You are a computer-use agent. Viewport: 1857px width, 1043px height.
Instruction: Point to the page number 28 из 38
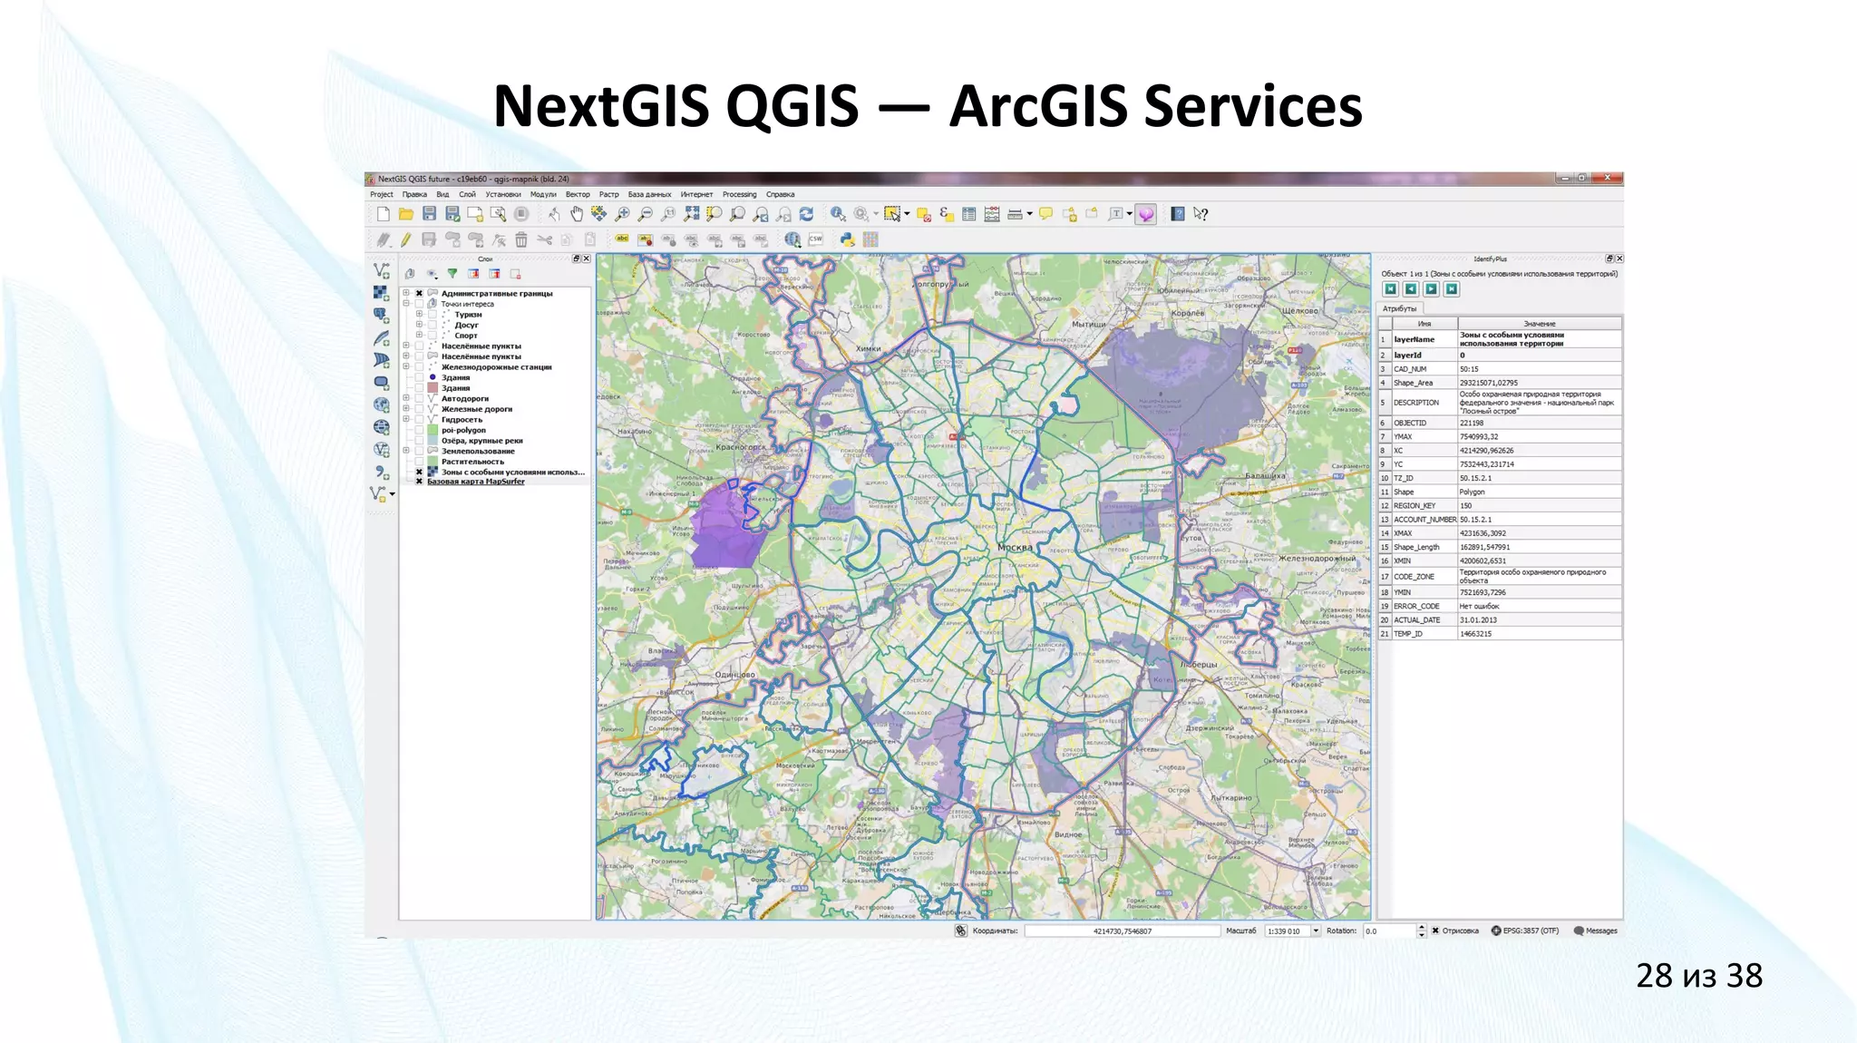click(x=1698, y=976)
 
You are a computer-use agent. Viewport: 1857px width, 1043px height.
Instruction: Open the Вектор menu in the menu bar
click(x=578, y=194)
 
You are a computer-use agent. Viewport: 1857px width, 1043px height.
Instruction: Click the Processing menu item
click(x=739, y=194)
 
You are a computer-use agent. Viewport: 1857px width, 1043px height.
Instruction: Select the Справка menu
click(x=780, y=194)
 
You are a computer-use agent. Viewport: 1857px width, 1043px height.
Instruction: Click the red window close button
click(x=1608, y=178)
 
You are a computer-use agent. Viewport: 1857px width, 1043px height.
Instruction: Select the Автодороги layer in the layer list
click(x=465, y=398)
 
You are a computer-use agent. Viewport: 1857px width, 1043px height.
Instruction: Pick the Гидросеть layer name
click(x=462, y=420)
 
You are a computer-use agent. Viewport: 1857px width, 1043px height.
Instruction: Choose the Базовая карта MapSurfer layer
click(x=476, y=482)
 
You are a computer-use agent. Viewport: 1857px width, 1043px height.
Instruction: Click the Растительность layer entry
click(x=472, y=462)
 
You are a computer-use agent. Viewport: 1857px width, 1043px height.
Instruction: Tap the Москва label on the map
click(x=1015, y=548)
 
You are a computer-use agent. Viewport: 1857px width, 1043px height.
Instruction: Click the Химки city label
click(x=868, y=348)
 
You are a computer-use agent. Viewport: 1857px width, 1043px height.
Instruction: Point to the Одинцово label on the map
click(x=734, y=675)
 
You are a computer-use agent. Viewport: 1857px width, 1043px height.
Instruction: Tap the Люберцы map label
click(x=1199, y=665)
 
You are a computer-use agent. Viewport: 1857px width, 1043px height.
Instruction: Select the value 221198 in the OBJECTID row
click(x=1472, y=424)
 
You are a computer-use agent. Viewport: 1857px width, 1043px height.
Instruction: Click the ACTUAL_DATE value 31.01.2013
click(x=1478, y=620)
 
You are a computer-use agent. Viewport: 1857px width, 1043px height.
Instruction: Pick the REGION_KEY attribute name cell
click(x=1415, y=506)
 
